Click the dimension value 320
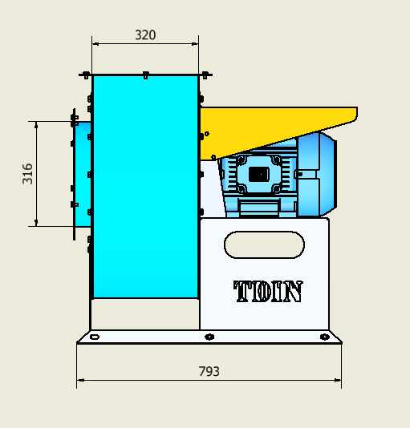(x=145, y=35)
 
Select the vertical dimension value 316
(x=27, y=174)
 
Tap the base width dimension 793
(x=209, y=371)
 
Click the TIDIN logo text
(x=268, y=291)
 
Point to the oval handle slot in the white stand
(x=264, y=244)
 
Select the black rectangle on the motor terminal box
(x=259, y=174)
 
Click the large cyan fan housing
(x=145, y=187)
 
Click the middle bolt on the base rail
(x=209, y=337)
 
